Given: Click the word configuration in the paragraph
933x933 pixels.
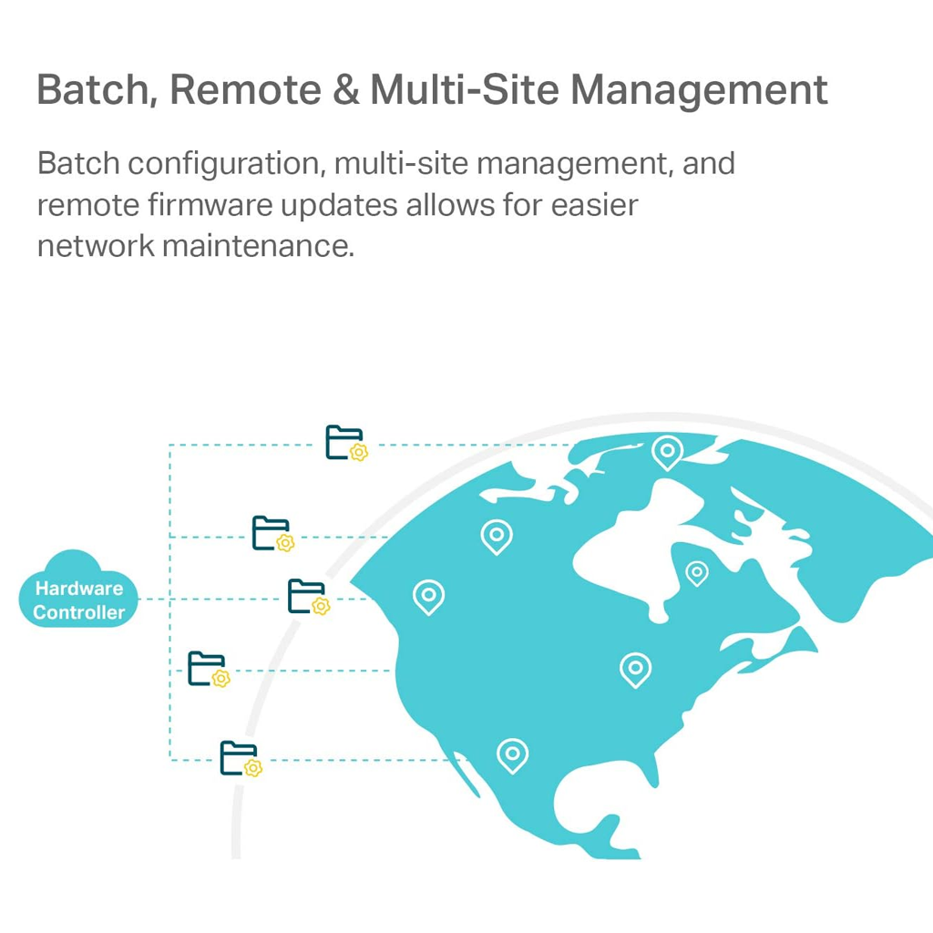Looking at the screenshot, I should pos(224,164).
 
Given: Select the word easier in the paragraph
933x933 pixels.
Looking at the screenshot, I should pos(594,205).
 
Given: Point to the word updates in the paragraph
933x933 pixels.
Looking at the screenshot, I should pos(339,205).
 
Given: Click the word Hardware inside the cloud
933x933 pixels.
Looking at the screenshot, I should pos(78,589).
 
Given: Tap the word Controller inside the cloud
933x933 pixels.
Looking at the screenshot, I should pos(78,612).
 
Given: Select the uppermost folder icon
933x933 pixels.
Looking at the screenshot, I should pos(344,442).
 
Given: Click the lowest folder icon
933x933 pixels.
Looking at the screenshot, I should pos(239,757).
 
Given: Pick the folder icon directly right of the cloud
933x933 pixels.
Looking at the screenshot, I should pos(306,596).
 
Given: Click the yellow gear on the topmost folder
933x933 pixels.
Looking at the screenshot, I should pos(359,452).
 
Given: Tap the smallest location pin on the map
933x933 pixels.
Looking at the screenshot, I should pos(697,572).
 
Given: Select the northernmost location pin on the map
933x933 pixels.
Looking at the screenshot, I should pos(667,451).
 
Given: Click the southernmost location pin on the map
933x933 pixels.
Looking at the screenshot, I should pos(512,754).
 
